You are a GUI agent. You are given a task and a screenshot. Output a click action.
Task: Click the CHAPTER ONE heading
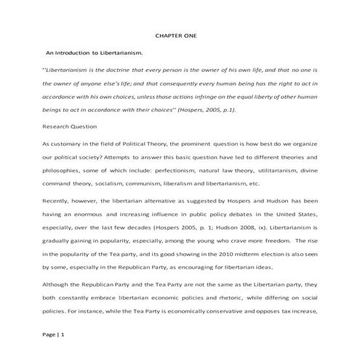[x=180, y=36]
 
